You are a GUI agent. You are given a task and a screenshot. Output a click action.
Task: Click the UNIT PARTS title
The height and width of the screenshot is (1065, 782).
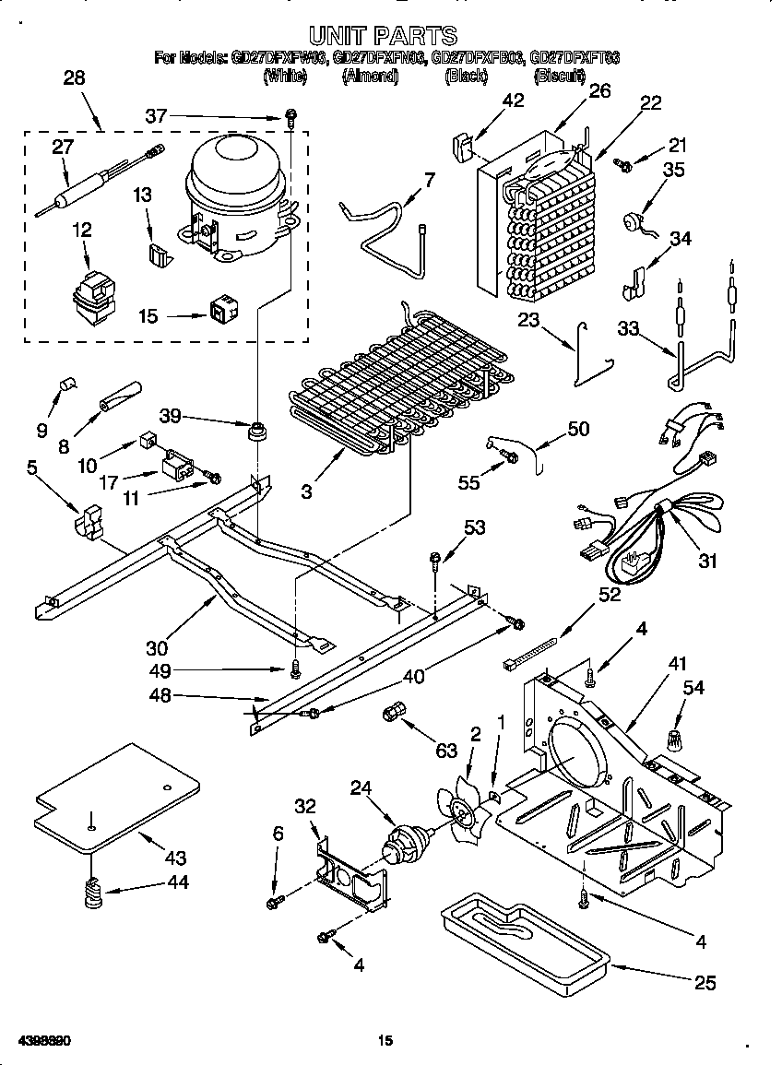pyautogui.click(x=382, y=35)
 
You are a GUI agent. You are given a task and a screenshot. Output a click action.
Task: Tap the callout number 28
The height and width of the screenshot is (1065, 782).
pyautogui.click(x=74, y=78)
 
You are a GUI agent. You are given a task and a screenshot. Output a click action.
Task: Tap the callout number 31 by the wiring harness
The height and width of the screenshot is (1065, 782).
pyautogui.click(x=707, y=561)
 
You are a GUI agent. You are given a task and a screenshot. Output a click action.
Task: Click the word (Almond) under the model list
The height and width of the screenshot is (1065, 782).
pyautogui.click(x=370, y=77)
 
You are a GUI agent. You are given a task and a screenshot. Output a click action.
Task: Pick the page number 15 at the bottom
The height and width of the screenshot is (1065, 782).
pyautogui.click(x=385, y=1041)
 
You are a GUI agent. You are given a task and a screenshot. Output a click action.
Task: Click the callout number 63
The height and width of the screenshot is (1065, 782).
pyautogui.click(x=446, y=751)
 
